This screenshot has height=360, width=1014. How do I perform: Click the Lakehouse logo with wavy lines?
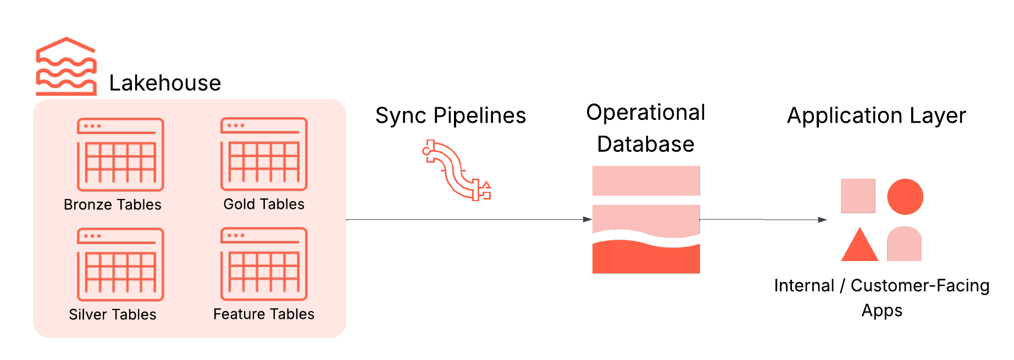[x=66, y=67]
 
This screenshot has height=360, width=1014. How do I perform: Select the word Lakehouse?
[x=165, y=83]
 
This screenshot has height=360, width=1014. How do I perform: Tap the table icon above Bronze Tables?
[x=120, y=154]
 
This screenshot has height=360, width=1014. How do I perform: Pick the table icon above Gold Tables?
[x=264, y=153]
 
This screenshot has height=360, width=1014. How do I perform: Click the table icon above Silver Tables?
[x=120, y=264]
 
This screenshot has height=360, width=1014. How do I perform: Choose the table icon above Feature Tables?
[x=264, y=263]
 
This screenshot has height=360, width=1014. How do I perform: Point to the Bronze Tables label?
[x=113, y=204]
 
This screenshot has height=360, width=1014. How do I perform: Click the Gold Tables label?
[x=264, y=204]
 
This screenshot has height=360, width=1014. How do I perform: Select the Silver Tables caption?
[x=113, y=314]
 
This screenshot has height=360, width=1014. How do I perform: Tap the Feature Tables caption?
[x=264, y=314]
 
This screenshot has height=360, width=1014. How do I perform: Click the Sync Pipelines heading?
[x=451, y=115]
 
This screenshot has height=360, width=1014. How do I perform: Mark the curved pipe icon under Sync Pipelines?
[x=456, y=170]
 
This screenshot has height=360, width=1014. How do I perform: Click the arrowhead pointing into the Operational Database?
[x=588, y=219]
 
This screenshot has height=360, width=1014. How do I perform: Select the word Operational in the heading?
[x=646, y=112]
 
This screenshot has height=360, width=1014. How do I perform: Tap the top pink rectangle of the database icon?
[x=646, y=180]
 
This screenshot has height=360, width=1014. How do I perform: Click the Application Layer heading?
[x=877, y=115]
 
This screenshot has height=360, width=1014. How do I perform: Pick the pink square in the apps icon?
[x=858, y=196]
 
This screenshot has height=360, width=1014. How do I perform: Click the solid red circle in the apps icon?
[x=905, y=197]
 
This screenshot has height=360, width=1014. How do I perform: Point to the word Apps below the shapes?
[x=882, y=311]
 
